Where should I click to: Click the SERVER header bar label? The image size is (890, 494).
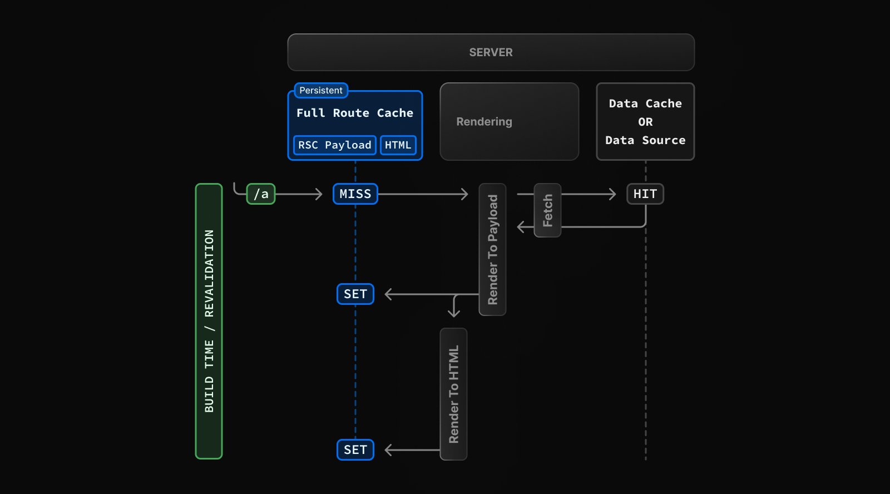click(x=491, y=52)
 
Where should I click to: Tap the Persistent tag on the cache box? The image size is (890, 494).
click(x=321, y=90)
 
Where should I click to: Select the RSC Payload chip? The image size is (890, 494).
click(x=334, y=145)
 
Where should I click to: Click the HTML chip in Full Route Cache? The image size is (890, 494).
click(x=398, y=145)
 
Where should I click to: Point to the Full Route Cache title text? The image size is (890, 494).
click(x=355, y=113)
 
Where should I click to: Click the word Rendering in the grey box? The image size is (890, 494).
click(x=484, y=122)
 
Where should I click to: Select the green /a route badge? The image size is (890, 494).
click(x=261, y=194)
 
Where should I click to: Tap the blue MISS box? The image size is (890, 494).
click(x=355, y=194)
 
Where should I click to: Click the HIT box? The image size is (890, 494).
click(x=645, y=194)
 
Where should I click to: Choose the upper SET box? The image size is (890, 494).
click(x=355, y=294)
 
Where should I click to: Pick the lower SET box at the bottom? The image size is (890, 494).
click(x=355, y=449)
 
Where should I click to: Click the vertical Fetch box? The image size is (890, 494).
click(x=547, y=210)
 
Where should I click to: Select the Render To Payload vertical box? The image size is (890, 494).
click(x=492, y=249)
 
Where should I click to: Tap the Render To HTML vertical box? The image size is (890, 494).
click(x=453, y=394)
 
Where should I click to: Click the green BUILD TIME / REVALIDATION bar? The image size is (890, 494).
click(x=209, y=321)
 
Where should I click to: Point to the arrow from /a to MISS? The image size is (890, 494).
click(x=299, y=194)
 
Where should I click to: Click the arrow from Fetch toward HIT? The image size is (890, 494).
click(x=589, y=194)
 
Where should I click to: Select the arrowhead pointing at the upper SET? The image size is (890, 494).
click(x=389, y=294)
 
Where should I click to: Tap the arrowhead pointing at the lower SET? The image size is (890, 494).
click(x=389, y=450)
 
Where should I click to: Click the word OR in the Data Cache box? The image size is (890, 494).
click(x=645, y=122)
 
